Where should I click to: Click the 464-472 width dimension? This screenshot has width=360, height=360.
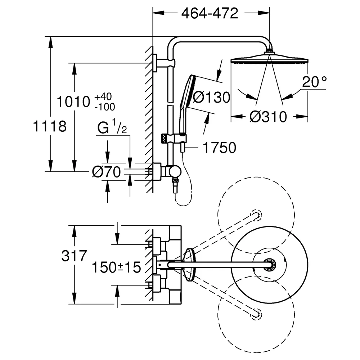(x=210, y=14)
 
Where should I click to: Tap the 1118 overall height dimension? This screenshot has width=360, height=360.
(x=50, y=126)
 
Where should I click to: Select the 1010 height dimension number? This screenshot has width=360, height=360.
(x=73, y=102)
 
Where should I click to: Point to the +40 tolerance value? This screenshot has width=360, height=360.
(x=103, y=96)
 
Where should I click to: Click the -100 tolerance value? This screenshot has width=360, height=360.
(x=105, y=107)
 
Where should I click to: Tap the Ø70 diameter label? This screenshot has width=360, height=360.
(x=106, y=172)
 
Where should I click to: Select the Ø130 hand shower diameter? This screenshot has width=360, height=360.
(x=211, y=97)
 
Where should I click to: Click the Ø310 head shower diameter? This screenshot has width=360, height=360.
(x=268, y=117)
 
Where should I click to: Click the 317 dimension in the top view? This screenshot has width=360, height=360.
(x=74, y=256)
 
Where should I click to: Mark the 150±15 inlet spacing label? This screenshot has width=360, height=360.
(x=116, y=267)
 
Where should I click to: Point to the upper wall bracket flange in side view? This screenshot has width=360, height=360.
(x=155, y=63)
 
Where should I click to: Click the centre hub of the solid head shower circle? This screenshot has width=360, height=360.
(x=269, y=265)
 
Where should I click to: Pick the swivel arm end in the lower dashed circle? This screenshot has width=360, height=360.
(x=256, y=314)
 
